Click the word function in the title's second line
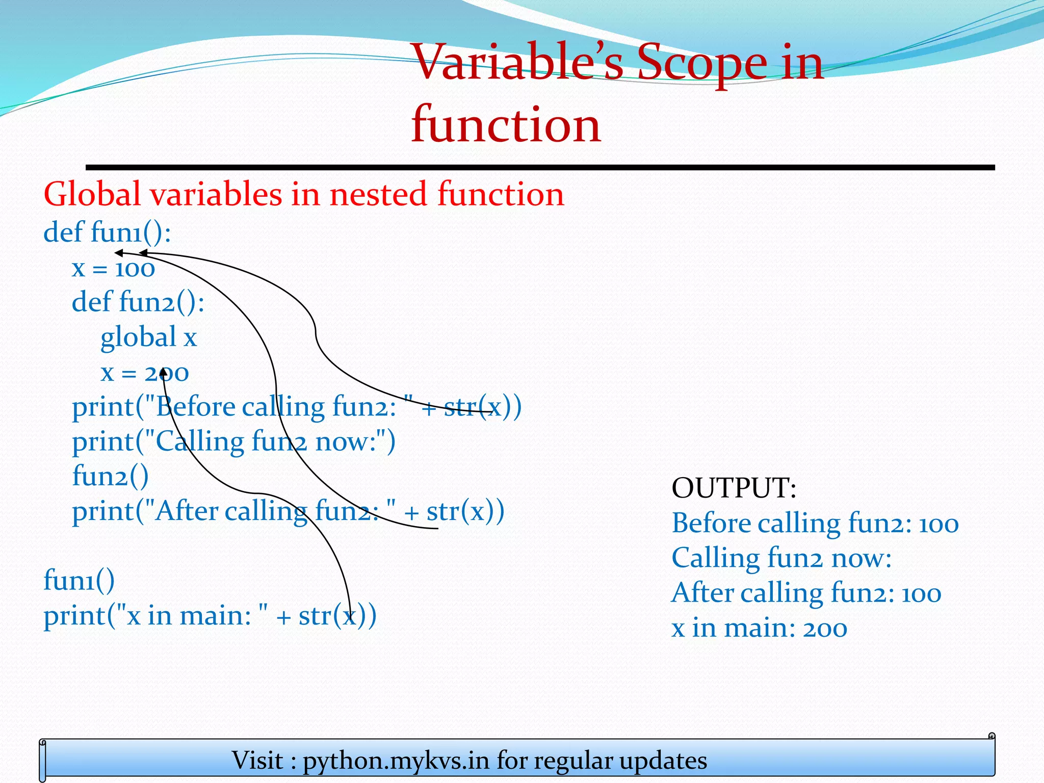point(506,124)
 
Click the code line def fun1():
point(107,232)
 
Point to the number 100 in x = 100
point(135,269)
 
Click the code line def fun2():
point(138,302)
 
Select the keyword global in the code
point(138,337)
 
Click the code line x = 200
point(145,373)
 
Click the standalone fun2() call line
point(110,476)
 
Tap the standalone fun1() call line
point(79,580)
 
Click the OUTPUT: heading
point(734,488)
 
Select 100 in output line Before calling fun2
point(938,524)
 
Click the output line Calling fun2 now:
point(781,558)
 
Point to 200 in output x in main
point(825,628)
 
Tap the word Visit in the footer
point(257,761)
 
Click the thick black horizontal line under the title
point(540,167)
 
